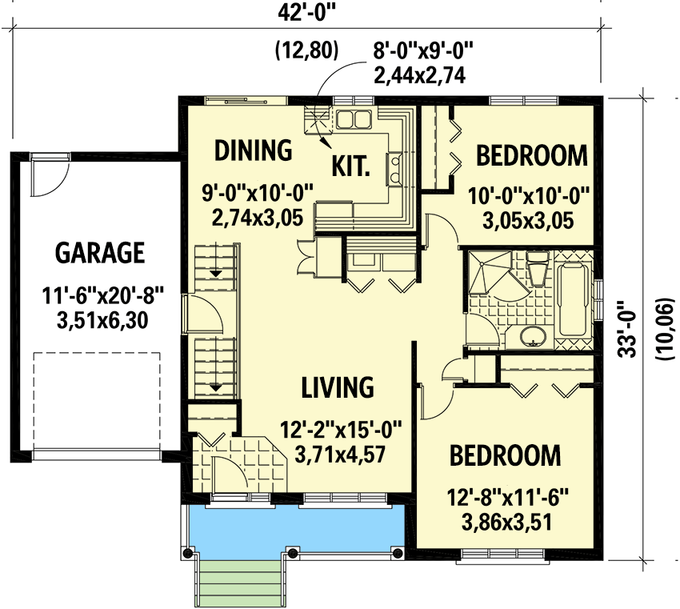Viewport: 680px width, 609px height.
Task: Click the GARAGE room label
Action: [x=99, y=253]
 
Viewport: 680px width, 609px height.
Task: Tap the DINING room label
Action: [x=252, y=150]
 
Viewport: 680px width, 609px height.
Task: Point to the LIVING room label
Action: [x=337, y=387]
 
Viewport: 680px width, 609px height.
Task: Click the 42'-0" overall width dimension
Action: [x=306, y=14]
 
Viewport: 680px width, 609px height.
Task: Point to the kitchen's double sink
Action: [x=353, y=120]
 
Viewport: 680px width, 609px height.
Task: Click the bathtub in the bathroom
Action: [x=573, y=297]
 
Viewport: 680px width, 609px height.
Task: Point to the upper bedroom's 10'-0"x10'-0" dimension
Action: [x=532, y=193]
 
